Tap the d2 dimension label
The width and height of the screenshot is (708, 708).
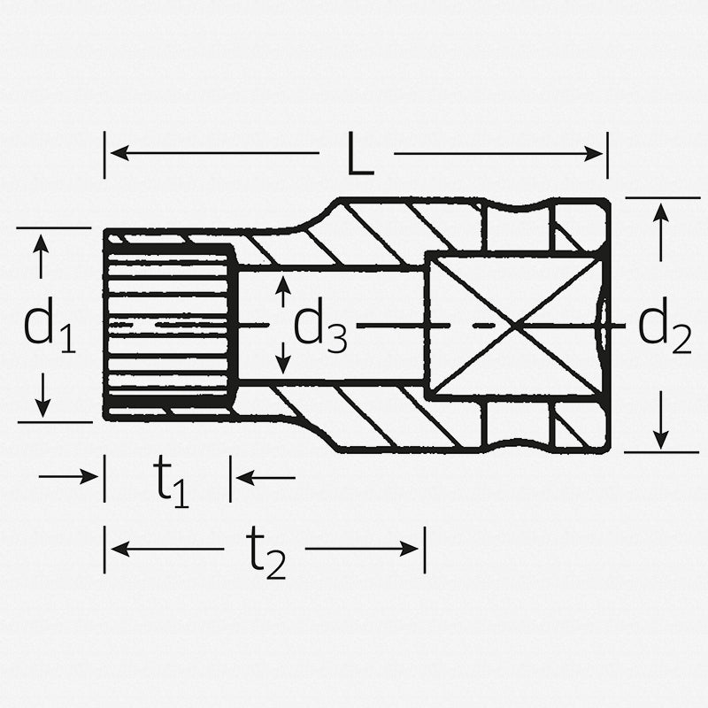click(x=664, y=328)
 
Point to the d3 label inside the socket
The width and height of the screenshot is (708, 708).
click(x=319, y=327)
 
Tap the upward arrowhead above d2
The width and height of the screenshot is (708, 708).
click(x=660, y=212)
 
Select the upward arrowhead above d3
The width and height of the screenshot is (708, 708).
click(x=283, y=283)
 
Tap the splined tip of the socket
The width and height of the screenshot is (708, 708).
click(x=168, y=325)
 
